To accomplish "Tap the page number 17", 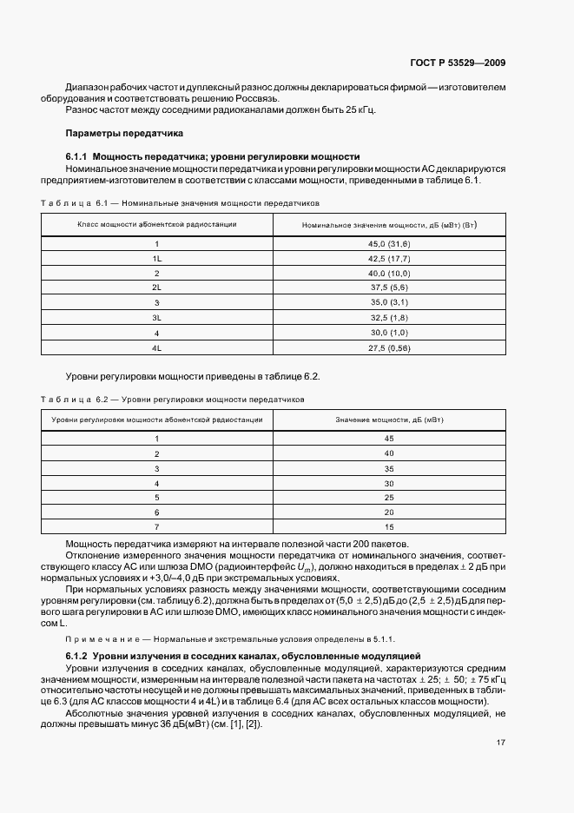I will coord(502,744).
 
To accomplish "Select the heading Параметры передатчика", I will coord(124,134).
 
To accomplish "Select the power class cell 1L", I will coord(157,258).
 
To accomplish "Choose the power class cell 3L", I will coord(157,317).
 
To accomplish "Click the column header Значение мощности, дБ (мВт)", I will coord(389,420).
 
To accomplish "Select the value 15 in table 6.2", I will coord(389,527).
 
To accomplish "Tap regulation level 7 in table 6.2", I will coord(157,527).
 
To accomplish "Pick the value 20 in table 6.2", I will coord(389,512).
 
